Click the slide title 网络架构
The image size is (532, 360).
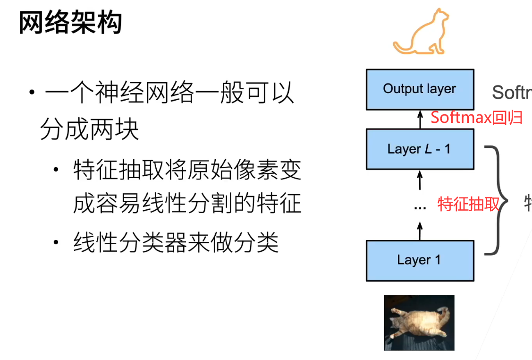pyautogui.click(x=70, y=23)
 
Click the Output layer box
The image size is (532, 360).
pyautogui.click(x=420, y=89)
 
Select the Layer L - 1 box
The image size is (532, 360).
pyautogui.click(x=420, y=149)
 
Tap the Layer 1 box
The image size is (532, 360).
pyautogui.click(x=420, y=260)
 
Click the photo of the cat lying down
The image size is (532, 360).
pyautogui.click(x=419, y=323)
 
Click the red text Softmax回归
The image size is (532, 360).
pyautogui.click(x=476, y=117)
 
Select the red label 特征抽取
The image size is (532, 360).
pyautogui.click(x=468, y=204)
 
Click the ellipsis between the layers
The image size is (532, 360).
pyautogui.click(x=420, y=207)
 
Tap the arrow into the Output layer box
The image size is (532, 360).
pyautogui.click(x=420, y=120)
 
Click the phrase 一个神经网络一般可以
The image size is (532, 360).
pyautogui.click(x=169, y=93)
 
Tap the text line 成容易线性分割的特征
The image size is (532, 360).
pyautogui.click(x=187, y=204)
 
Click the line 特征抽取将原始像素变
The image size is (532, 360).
pyautogui.click(x=187, y=170)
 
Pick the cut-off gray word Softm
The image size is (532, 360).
pyautogui.click(x=512, y=92)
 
